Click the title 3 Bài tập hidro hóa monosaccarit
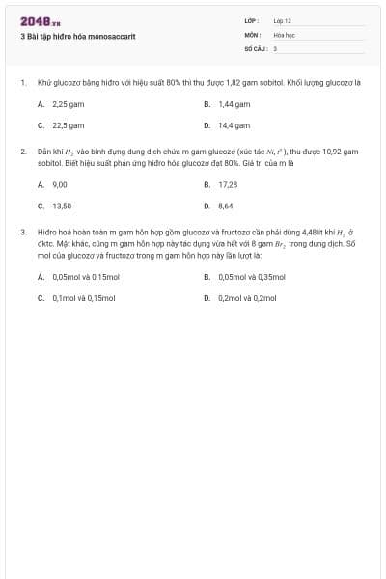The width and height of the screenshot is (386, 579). tap(76, 35)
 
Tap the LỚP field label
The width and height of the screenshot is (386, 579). tap(252, 20)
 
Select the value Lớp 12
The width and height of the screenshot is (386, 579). tap(282, 20)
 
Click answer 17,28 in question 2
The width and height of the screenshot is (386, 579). tap(228, 184)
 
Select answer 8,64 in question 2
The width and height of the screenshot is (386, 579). tap(226, 206)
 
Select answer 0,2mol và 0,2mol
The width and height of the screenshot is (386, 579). tap(248, 298)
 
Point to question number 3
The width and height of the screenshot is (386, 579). tap(22, 233)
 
